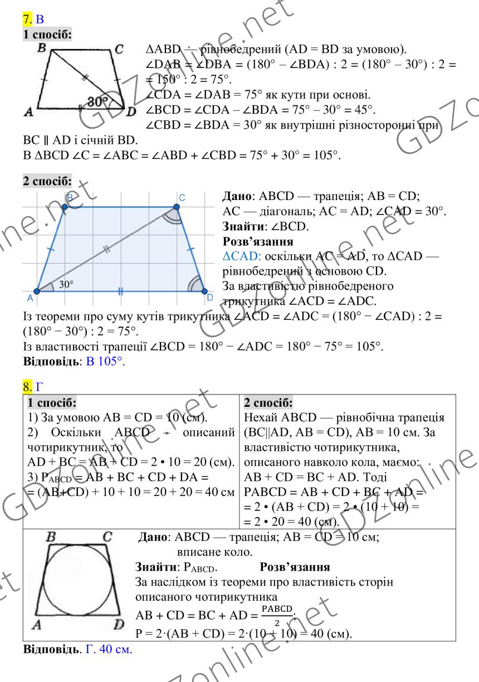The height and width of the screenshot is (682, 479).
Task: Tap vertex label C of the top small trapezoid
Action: [x=118, y=49]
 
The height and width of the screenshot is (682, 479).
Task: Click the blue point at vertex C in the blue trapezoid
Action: [x=177, y=207]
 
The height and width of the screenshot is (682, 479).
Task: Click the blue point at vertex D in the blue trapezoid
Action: [x=204, y=291]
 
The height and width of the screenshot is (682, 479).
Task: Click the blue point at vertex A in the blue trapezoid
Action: [x=36, y=291]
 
